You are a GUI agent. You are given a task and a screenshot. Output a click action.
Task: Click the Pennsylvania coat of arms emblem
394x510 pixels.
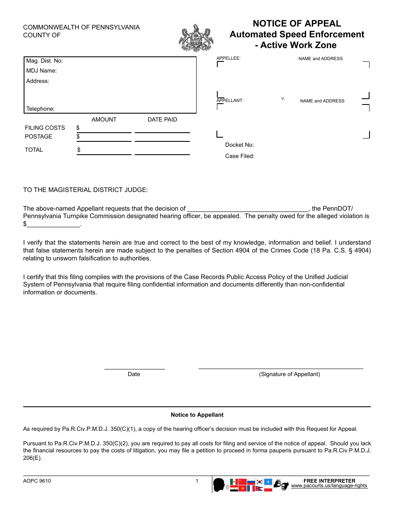[196, 38]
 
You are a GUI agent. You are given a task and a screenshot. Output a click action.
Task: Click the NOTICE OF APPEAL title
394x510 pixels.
[297, 24]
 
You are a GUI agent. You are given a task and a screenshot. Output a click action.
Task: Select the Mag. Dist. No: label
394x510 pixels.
[44, 61]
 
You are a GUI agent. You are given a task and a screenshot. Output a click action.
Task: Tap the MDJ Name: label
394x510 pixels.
[41, 71]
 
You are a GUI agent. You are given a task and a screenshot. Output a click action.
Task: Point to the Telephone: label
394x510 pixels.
[40, 109]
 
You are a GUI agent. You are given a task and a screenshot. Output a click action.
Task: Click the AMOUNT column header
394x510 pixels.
[104, 120]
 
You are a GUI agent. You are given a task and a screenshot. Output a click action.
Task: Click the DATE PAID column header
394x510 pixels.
[162, 120]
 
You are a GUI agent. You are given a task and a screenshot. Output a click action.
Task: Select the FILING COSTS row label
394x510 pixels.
[45, 128]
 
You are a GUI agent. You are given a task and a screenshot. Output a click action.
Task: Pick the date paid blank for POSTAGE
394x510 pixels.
[162, 138]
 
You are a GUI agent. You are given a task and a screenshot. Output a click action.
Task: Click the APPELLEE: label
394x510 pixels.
[229, 58]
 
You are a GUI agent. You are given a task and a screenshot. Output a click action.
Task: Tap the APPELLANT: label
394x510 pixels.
[230, 100]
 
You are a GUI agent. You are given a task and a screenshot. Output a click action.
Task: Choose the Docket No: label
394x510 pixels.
[239, 145]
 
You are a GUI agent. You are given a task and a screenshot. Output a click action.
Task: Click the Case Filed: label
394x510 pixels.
[240, 156]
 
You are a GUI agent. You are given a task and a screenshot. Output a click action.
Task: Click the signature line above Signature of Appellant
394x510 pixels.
[281, 368]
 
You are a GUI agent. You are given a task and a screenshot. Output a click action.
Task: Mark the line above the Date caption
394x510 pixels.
[134, 368]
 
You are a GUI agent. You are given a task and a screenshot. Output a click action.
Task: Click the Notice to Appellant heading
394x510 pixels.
[197, 415]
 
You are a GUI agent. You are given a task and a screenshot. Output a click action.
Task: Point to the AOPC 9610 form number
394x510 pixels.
[37, 481]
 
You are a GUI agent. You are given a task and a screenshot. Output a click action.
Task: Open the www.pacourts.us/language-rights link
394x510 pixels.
[329, 486]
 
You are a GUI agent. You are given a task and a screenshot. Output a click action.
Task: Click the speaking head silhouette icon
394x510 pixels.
[219, 484]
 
